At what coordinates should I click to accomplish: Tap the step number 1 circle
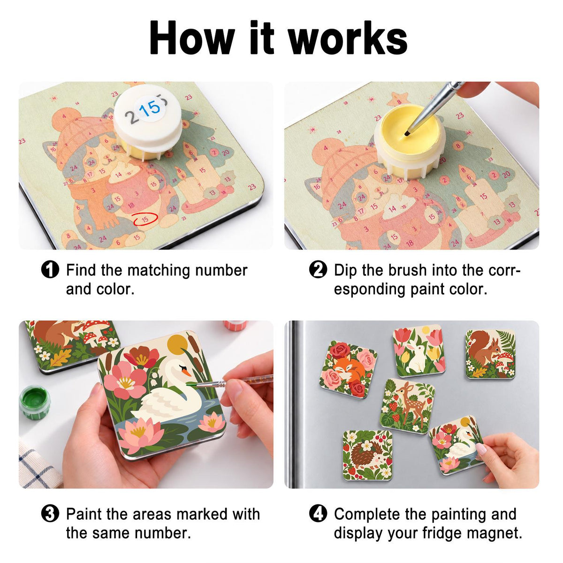click(50, 270)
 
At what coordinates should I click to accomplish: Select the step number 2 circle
click(318, 270)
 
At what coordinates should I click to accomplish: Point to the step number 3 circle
click(50, 514)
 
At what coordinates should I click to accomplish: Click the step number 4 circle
click(318, 514)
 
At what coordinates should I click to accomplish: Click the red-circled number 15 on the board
click(145, 219)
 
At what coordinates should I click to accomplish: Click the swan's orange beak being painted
click(186, 372)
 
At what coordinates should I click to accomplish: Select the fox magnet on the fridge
click(348, 370)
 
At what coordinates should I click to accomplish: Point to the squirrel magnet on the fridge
click(490, 354)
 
